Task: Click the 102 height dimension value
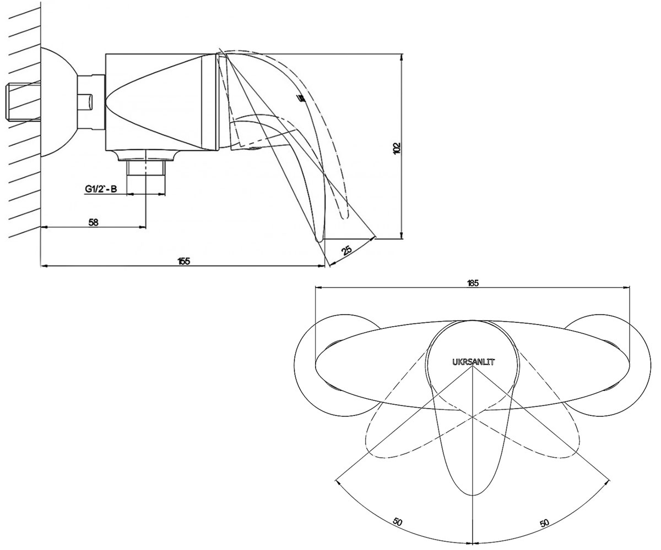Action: [x=397, y=148]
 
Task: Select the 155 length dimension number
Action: [x=184, y=261]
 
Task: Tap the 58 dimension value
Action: [x=93, y=223]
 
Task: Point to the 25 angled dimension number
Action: [x=347, y=250]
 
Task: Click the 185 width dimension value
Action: [x=472, y=283]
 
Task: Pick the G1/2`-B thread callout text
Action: [x=101, y=189]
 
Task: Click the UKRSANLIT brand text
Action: [x=474, y=362]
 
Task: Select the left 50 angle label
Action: [x=397, y=521]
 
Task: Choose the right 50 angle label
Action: [x=544, y=523]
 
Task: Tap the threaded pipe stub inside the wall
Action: [x=23, y=101]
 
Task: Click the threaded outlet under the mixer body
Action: [x=146, y=168]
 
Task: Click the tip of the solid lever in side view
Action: [x=319, y=241]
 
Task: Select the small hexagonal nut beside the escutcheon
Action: [x=91, y=102]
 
